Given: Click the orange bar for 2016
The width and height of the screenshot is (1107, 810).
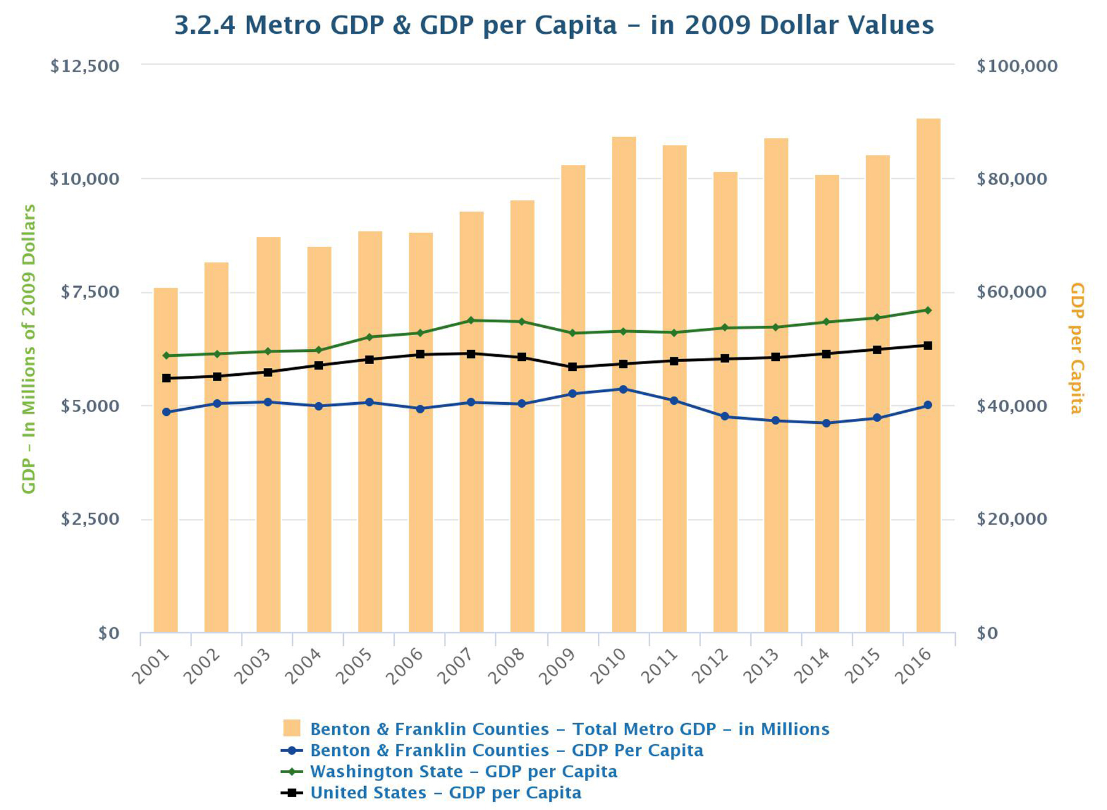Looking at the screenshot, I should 928,375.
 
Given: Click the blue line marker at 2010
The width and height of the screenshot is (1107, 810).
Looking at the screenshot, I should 624,389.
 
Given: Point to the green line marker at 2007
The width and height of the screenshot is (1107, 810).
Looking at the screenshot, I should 471,320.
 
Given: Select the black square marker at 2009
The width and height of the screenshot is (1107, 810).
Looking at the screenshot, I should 573,367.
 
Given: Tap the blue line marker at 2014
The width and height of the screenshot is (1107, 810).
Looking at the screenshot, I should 827,423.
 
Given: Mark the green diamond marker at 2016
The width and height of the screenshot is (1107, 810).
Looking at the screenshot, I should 928,310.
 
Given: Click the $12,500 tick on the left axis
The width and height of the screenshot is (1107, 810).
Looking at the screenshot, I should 85,66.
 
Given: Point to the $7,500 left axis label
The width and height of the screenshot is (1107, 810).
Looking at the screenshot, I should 90,292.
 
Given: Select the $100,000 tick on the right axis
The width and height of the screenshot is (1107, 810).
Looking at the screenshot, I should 1017,66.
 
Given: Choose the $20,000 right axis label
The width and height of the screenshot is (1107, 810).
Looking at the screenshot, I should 1012,519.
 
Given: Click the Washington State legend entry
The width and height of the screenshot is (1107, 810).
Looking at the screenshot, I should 463,771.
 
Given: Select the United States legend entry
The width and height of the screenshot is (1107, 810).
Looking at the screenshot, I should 445,793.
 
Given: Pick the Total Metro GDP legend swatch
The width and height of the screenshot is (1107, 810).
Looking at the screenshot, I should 292,729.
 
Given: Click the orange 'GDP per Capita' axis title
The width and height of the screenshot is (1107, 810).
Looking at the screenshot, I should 1076,348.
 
